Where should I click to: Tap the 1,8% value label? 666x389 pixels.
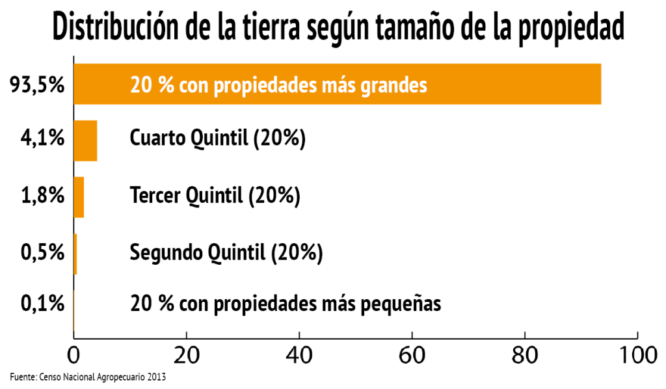pyautogui.click(x=42, y=196)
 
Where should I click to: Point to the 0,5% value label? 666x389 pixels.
pyautogui.click(x=42, y=252)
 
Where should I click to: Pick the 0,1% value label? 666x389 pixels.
pyautogui.click(x=42, y=304)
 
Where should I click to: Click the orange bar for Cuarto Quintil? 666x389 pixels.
pyautogui.click(x=85, y=141)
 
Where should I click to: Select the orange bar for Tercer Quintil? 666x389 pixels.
pyautogui.click(x=79, y=196)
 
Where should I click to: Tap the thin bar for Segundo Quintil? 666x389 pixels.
pyautogui.click(x=75, y=254)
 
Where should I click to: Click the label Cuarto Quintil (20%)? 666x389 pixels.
pyautogui.click(x=218, y=139)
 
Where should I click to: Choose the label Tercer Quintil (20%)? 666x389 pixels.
pyautogui.click(x=215, y=195)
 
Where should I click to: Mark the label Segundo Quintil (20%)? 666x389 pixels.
pyautogui.click(x=226, y=252)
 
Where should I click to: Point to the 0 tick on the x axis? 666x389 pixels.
pyautogui.click(x=73, y=356)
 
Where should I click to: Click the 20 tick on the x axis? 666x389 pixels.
pyautogui.click(x=187, y=356)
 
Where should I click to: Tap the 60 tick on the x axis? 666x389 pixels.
pyautogui.click(x=412, y=356)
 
